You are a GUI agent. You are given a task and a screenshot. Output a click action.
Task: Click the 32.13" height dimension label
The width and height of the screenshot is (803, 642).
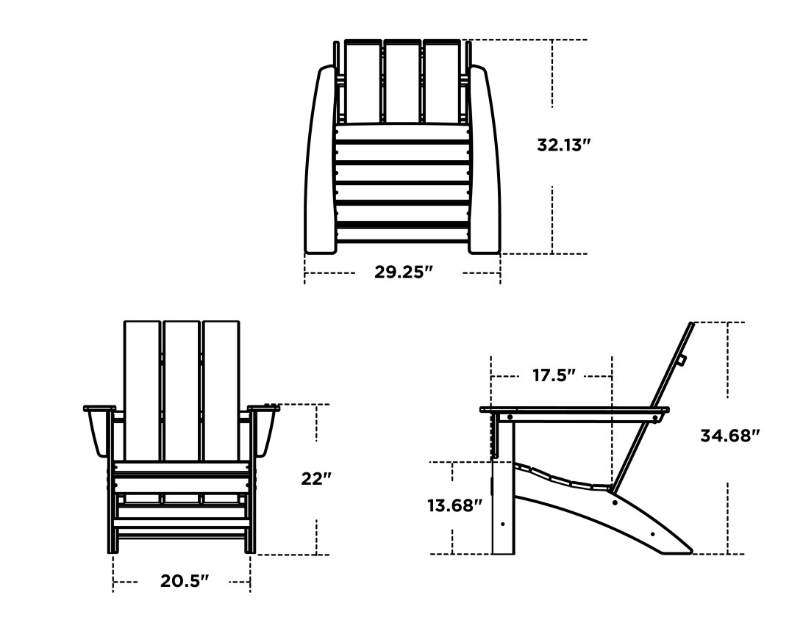click(564, 145)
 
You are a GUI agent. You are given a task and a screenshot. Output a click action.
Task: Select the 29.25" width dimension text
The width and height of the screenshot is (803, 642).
click(403, 273)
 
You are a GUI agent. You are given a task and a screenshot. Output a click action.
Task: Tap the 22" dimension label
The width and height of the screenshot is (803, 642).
click(316, 479)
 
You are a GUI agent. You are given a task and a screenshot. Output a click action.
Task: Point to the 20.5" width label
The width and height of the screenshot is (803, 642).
click(185, 581)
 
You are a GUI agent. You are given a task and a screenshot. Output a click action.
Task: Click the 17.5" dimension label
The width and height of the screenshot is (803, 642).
click(553, 375)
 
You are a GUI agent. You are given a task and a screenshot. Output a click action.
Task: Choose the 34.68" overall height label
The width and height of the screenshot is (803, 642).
click(729, 436)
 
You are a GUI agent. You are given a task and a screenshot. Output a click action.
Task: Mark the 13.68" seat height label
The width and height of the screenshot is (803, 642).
click(454, 505)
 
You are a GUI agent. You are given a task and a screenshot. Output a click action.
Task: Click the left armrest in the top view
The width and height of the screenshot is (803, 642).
click(319, 162)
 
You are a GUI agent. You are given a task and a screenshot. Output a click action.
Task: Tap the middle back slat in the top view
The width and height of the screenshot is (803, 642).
click(402, 81)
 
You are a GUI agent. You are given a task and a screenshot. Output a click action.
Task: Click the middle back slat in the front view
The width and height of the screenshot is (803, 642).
click(182, 389)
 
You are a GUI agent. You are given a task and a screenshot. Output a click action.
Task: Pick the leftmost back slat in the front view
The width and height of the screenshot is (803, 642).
click(143, 389)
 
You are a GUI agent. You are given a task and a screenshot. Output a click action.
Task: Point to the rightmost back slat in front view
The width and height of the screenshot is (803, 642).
click(221, 389)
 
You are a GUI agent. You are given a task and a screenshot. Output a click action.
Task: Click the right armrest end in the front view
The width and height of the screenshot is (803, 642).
click(265, 429)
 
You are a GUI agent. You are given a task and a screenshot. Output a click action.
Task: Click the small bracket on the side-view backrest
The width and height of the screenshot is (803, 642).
click(682, 360)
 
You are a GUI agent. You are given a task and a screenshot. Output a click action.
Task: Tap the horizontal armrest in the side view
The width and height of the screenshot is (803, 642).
click(574, 409)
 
